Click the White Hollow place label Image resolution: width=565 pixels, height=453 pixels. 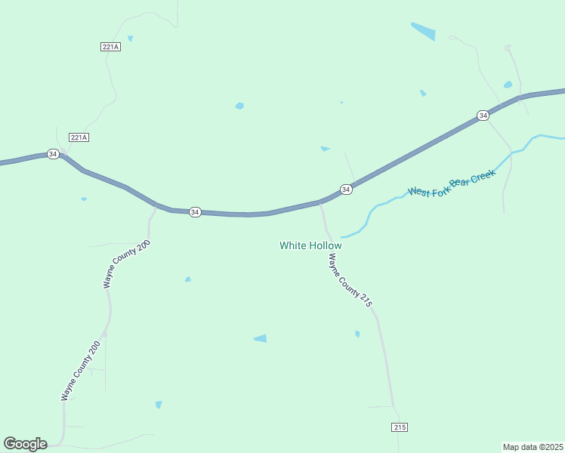click(310, 245)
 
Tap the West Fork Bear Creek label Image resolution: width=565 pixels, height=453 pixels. click(452, 183)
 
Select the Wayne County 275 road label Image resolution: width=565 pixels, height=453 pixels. click(350, 280)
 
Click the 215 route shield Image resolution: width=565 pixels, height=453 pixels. click(400, 427)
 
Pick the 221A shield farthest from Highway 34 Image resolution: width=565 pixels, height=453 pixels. click(110, 47)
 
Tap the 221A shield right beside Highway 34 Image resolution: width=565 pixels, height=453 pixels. click(79, 137)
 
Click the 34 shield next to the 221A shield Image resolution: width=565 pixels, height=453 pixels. click(52, 154)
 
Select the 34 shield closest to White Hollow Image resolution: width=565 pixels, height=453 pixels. click(345, 190)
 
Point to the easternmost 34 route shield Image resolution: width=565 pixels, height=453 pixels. click(483, 116)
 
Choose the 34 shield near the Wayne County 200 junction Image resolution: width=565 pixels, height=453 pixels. click(195, 212)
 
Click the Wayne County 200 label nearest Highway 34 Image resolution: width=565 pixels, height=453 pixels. click(128, 264)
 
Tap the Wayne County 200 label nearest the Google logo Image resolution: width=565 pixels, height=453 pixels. click(82, 371)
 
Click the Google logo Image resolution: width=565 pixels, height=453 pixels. click(25, 443)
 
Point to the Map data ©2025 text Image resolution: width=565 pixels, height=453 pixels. click(533, 447)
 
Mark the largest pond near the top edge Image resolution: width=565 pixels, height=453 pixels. click(423, 31)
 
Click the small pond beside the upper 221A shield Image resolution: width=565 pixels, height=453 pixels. click(130, 39)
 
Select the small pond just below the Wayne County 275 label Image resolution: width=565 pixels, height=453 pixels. click(357, 334)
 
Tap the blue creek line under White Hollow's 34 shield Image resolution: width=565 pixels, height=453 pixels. click(366, 223)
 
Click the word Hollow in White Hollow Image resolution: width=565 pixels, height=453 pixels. click(326, 245)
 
